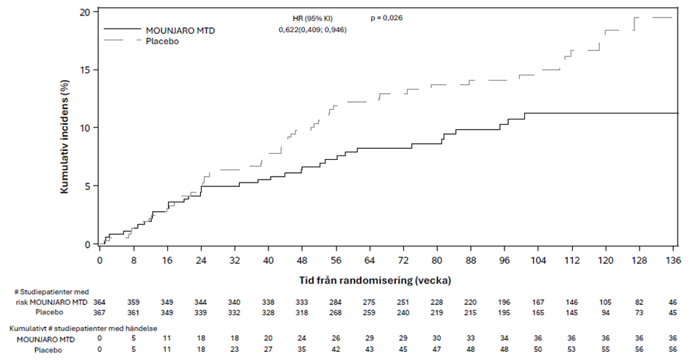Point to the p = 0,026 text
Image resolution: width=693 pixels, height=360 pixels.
[386, 18]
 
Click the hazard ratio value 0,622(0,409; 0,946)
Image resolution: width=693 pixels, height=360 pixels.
[312, 29]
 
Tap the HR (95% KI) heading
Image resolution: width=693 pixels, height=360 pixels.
[312, 18]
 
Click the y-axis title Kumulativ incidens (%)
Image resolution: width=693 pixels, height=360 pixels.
[65, 136]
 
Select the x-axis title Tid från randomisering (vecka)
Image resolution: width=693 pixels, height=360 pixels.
[375, 280]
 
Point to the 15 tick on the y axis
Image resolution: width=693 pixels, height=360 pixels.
[86, 70]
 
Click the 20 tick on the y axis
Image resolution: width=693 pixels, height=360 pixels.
[86, 12]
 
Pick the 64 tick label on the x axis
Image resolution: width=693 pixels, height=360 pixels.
[370, 260]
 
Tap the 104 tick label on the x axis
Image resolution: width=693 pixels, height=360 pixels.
[538, 260]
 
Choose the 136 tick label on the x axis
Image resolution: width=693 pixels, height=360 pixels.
[673, 260]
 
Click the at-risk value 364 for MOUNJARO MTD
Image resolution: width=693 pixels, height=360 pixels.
[100, 302]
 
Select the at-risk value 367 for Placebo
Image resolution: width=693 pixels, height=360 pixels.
[100, 312]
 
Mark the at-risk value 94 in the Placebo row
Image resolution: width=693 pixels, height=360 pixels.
[606, 312]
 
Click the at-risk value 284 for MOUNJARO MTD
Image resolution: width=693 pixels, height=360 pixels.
[335, 302]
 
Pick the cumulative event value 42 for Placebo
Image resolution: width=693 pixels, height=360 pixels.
[335, 350]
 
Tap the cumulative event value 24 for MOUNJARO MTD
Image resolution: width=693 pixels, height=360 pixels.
[302, 338]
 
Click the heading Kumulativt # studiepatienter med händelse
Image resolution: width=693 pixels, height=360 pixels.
[84, 328]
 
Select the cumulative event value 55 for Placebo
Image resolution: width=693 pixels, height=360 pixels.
[606, 350]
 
